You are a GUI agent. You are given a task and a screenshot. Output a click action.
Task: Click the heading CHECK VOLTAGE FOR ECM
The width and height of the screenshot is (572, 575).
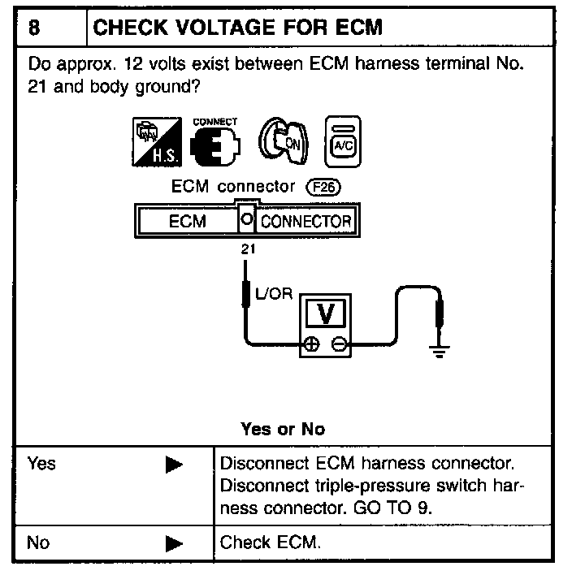[x=238, y=28]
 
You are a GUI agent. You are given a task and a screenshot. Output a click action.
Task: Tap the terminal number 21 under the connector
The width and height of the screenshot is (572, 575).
[x=247, y=250]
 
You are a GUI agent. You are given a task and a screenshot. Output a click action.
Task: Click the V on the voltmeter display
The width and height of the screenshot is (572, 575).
[x=337, y=313]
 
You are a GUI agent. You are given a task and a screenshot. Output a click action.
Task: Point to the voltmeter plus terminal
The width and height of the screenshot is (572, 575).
[x=310, y=344]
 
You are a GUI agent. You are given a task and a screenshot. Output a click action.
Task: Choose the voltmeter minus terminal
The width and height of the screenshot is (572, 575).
[x=337, y=344]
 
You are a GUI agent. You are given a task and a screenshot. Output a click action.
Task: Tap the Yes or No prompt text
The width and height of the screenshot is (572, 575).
[x=283, y=429]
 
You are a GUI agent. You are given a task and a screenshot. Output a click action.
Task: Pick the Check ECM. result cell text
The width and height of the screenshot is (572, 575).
[x=271, y=543]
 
